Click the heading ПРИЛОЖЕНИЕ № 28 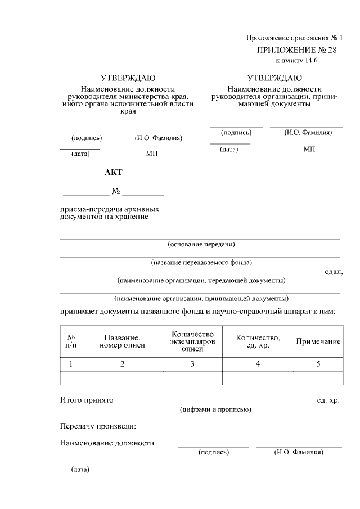tap(291, 50)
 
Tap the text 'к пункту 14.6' tap(296, 61)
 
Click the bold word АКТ tap(113, 172)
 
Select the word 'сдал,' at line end tap(334, 272)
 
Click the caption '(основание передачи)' tap(201, 244)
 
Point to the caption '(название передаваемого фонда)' tap(201, 262)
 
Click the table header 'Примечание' tap(318, 341)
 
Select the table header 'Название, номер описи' tap(122, 341)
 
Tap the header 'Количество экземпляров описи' tap(192, 341)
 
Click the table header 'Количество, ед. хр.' tap(258, 341)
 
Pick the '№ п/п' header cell tap(71, 341)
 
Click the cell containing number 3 tap(192, 364)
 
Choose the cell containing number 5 tap(318, 364)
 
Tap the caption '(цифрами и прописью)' tap(215, 409)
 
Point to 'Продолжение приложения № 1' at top tap(294, 38)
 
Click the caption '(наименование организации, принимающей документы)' tap(201, 298)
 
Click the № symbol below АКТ tap(116, 192)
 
